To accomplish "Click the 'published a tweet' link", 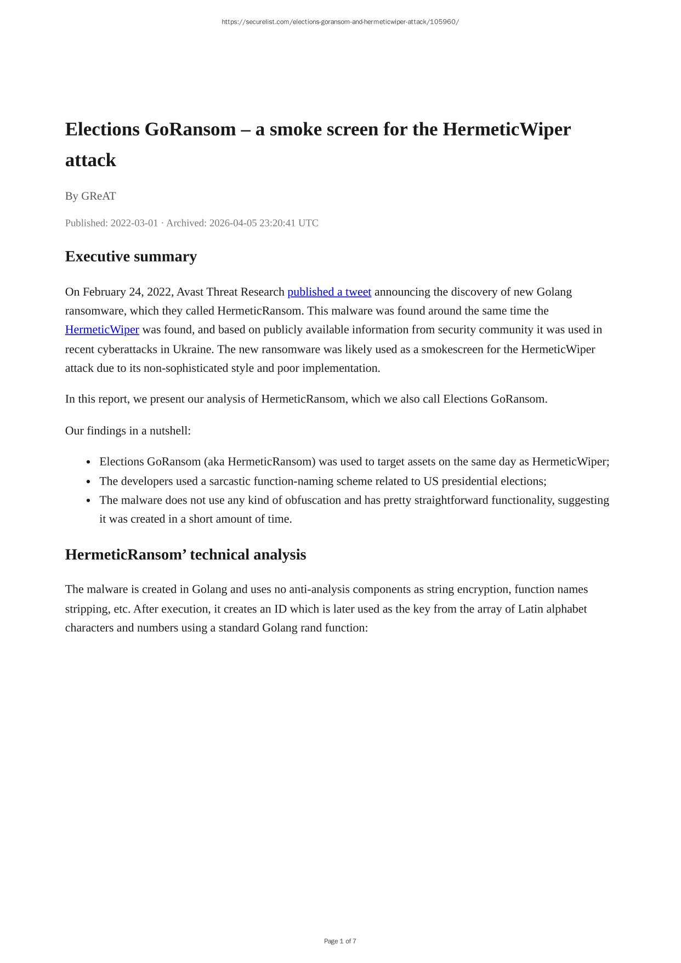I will tap(329, 292).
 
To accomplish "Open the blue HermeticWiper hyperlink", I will tap(102, 330).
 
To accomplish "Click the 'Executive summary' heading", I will tap(130, 257).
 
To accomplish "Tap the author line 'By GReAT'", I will tap(90, 196).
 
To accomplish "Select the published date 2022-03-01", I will tap(134, 223).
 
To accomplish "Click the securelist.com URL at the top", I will tap(340, 22).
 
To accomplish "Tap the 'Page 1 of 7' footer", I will tap(340, 941).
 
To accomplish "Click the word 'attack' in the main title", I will tap(90, 160).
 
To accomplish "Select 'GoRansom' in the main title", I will tap(190, 129).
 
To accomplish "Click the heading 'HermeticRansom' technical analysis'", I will tap(185, 554).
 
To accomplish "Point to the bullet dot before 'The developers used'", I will tap(88, 482).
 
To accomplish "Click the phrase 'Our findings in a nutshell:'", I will tap(128, 430).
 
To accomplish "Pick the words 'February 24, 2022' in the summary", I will tap(127, 292).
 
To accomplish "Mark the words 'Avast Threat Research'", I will tap(230, 292).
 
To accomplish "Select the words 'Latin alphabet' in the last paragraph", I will tap(552, 609).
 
